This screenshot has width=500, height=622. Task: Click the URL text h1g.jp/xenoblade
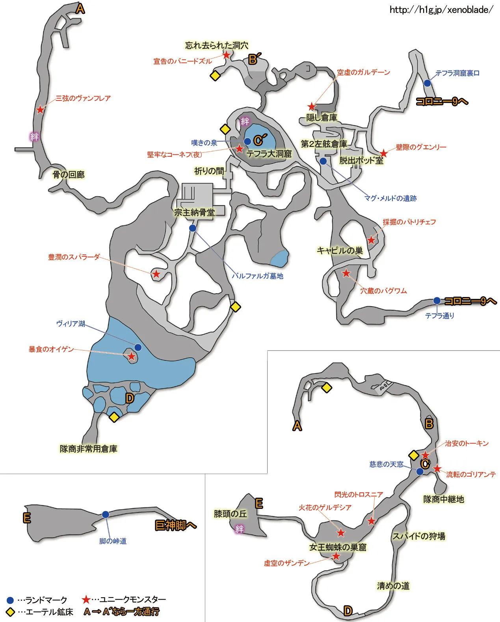441,10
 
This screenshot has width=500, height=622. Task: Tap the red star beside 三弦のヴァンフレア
40,110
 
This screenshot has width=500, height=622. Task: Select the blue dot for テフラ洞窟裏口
427,83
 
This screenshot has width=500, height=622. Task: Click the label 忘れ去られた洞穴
217,45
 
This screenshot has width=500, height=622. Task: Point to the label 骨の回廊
69,175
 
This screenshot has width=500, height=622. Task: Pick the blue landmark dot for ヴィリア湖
138,347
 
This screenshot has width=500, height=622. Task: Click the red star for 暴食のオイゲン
131,356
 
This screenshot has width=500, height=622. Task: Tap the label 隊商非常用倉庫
89,449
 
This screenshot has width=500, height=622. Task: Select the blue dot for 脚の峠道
106,514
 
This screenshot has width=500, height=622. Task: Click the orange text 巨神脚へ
175,525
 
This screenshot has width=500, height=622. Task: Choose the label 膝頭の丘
230,514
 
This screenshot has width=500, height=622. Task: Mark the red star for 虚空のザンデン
336,556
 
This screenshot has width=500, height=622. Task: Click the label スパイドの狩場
418,536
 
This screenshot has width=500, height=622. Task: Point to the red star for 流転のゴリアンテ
437,469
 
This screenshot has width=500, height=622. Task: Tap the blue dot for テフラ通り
437,301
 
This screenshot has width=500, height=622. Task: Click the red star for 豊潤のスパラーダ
156,274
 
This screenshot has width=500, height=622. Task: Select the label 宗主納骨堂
195,213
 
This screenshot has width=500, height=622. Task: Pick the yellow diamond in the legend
10,612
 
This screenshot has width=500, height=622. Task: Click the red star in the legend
86,600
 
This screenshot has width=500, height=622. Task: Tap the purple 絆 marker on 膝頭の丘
239,529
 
